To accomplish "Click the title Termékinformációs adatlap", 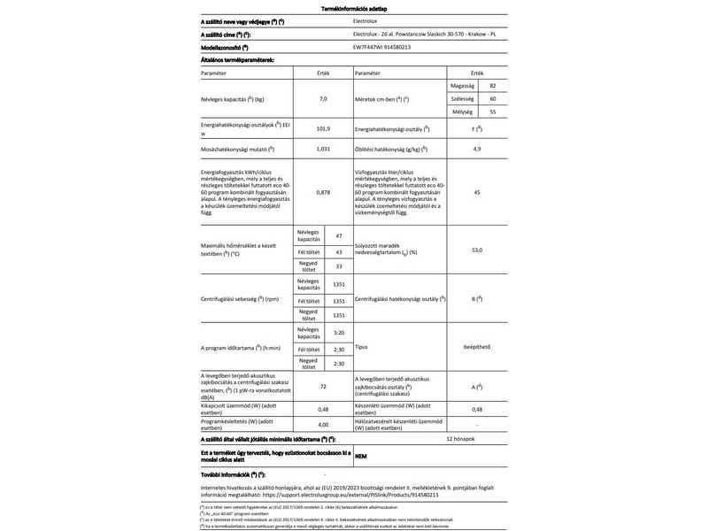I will point(352,8).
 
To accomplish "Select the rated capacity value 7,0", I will point(323,99).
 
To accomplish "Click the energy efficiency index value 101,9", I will point(323,130).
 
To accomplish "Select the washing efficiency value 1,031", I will point(323,150).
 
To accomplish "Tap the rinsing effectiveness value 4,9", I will point(477,150).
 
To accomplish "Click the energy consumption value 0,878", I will point(323,192).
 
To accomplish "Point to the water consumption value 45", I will point(477,192).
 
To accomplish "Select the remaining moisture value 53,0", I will point(477,250).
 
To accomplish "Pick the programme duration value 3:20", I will point(339,333).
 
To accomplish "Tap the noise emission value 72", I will point(323,388).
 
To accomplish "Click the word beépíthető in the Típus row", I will point(477,348).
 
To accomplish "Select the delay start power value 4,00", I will point(323,424).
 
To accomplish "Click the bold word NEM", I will point(361,457).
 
